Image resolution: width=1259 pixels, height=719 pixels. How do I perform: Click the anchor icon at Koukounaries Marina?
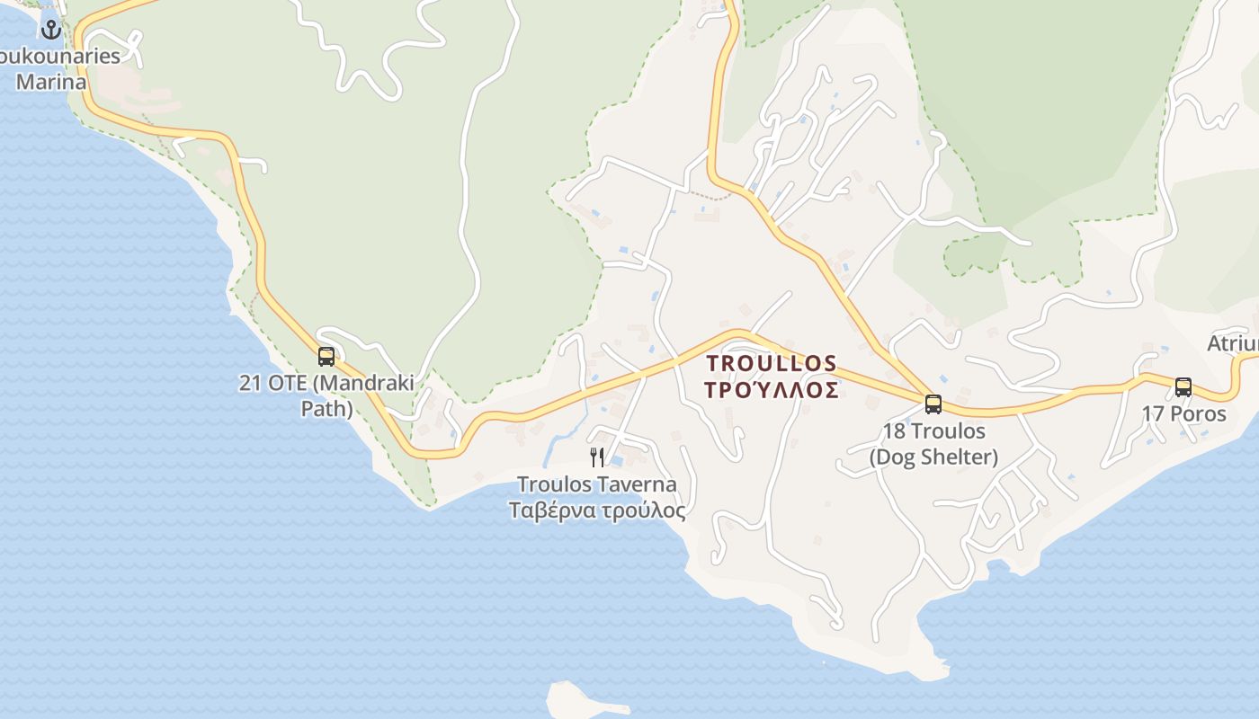[x=51, y=30]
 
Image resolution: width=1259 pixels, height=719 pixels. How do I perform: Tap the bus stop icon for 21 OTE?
[x=326, y=356]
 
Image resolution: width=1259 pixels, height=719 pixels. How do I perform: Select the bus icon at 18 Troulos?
[x=933, y=404]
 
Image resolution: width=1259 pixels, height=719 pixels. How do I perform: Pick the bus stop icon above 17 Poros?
[x=1183, y=387]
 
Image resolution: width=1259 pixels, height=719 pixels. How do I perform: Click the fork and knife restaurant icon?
[x=597, y=457]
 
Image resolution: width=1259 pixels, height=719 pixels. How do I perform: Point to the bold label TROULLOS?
[x=772, y=363]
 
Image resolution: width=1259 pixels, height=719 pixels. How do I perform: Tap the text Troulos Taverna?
[x=596, y=485]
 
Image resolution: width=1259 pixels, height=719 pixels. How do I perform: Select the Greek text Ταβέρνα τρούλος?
[x=596, y=510]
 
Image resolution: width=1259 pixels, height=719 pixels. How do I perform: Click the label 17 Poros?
[x=1183, y=414]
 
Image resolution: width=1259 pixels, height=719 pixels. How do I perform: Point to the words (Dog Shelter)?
[x=933, y=457]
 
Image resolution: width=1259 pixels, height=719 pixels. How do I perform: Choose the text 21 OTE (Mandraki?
[x=326, y=383]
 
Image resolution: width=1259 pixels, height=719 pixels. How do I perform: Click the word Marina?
[x=52, y=82]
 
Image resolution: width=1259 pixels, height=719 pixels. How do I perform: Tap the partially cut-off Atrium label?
[x=1233, y=344]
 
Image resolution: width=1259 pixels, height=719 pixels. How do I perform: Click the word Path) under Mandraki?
[x=326, y=409]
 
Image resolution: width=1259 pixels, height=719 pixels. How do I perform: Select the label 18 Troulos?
[x=933, y=431]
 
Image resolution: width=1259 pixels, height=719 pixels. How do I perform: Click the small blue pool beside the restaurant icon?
[x=617, y=461]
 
